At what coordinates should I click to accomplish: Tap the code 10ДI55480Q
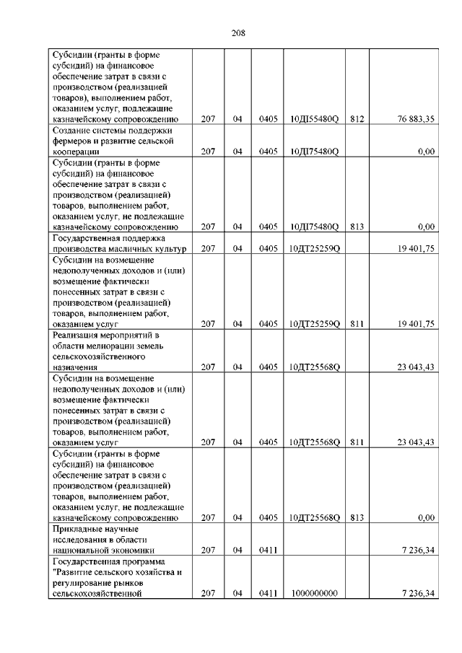tap(313, 119)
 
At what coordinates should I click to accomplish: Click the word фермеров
tap(74, 141)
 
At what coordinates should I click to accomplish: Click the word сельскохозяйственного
tap(100, 356)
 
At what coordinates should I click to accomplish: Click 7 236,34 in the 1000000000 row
tap(417, 594)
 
